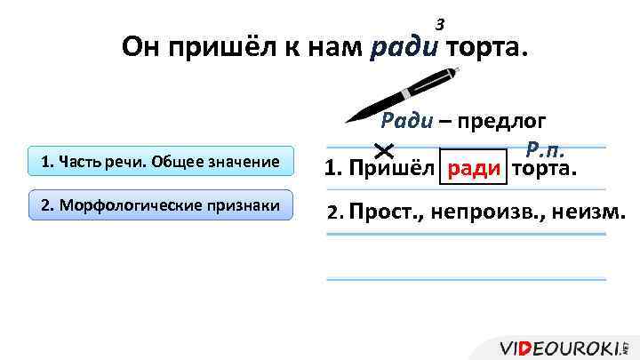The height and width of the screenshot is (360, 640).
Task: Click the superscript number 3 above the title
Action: [438, 24]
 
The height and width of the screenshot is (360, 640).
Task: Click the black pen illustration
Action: [400, 92]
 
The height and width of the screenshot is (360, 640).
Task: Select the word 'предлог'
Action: [502, 123]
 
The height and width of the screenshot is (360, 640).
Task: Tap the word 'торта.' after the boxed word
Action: [544, 168]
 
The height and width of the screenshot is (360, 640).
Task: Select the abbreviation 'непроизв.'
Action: [480, 212]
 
